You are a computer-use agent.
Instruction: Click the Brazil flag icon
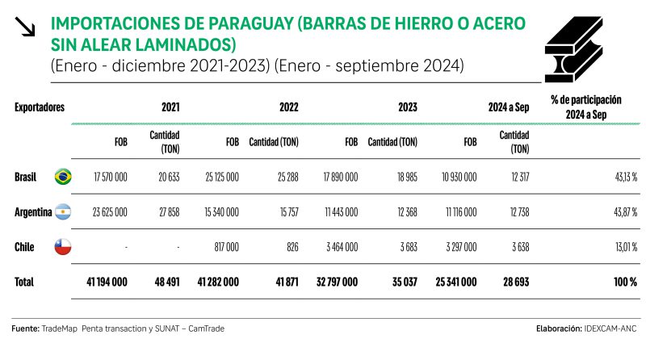pos(62,177)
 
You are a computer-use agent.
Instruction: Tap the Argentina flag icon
pos(62,212)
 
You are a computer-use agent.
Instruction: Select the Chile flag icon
pos(62,248)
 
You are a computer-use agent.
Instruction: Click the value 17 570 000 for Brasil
pos(111,177)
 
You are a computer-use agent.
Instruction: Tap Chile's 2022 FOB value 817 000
pos(222,248)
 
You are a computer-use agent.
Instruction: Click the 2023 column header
pos(408,107)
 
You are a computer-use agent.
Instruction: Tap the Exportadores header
pos(40,107)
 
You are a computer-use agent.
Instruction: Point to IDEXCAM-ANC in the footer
pos(611,329)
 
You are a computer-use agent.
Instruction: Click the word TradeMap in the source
pos(61,329)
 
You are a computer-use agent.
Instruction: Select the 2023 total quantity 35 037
pos(401,283)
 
